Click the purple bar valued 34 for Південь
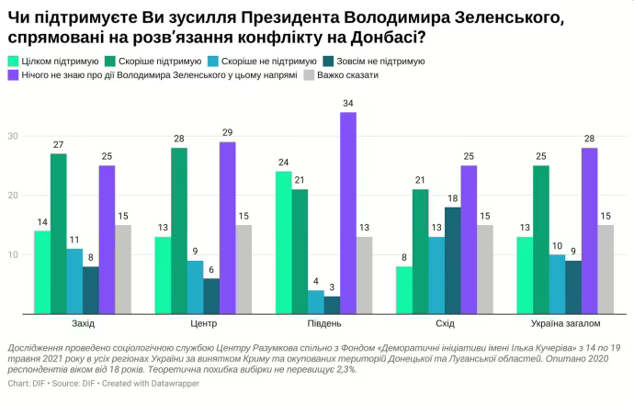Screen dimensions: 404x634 click(x=348, y=212)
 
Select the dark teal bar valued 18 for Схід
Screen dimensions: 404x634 click(x=452, y=260)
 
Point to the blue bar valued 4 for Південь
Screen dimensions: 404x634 click(x=315, y=301)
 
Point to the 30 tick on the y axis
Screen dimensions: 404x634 click(x=13, y=136)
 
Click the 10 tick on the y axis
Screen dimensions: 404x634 click(x=13, y=254)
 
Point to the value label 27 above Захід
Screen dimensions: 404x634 click(x=58, y=144)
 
